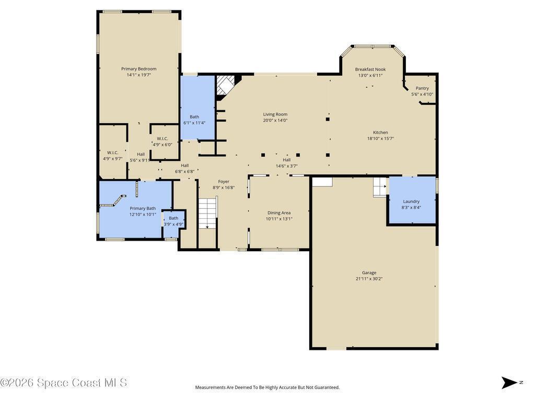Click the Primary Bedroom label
139,69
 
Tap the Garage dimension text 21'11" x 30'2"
369,279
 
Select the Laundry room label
411,201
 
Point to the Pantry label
422,88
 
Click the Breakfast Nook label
370,69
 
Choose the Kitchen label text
380,132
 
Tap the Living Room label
275,114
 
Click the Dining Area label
279,213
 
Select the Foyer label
224,181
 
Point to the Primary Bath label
143,208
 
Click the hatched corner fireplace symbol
225,85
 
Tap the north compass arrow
509,383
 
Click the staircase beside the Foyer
208,214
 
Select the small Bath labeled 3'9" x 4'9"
173,218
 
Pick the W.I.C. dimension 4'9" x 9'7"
113,159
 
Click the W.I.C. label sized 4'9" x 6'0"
162,138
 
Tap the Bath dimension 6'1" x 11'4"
194,123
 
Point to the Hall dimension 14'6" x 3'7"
287,166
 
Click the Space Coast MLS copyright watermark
64,383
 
